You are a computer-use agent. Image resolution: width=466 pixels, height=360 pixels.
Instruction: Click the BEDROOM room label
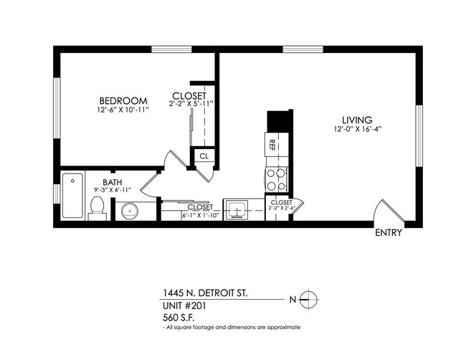[123, 100]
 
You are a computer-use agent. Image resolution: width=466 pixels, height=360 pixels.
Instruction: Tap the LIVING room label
[358, 120]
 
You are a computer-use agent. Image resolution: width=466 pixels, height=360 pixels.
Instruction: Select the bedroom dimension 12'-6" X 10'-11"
[123, 110]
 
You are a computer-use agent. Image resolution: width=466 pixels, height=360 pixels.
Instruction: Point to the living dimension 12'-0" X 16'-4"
[358, 129]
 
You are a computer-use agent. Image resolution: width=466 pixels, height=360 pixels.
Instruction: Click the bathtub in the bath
[72, 196]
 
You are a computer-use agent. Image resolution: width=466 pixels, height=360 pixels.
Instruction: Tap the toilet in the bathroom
[98, 207]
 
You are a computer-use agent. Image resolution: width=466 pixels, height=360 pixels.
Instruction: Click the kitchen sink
[237, 211]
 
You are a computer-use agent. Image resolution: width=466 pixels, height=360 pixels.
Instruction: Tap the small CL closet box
[204, 156]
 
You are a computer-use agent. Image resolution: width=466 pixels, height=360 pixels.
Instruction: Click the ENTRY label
[388, 232]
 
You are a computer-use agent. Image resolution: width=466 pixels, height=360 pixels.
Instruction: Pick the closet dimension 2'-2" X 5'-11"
[190, 105]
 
